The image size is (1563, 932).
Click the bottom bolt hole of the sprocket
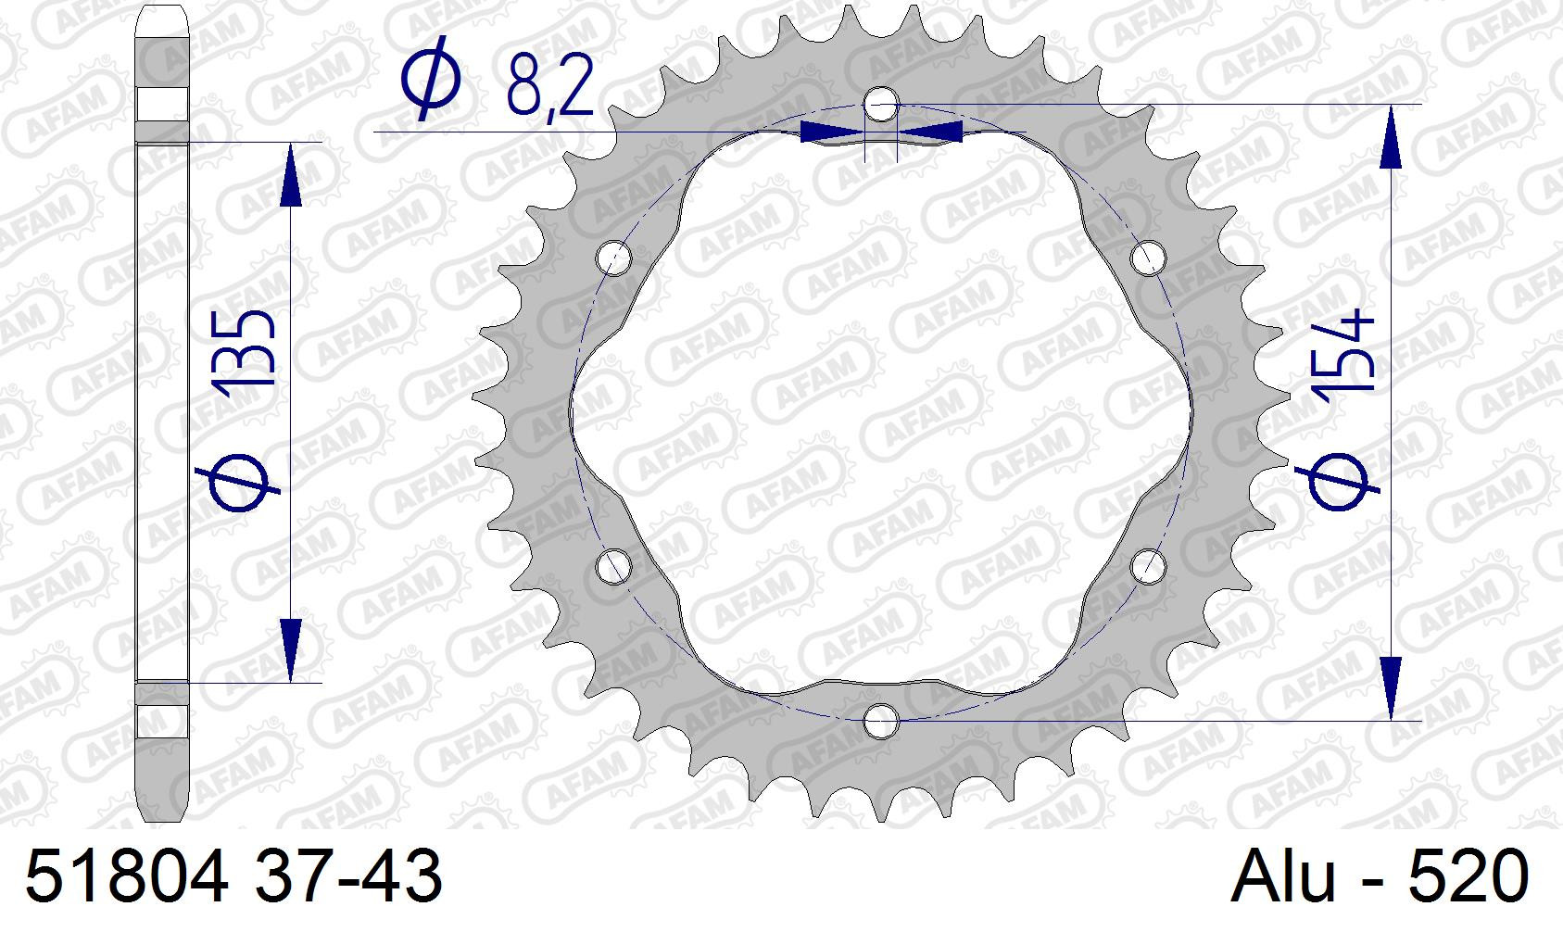pos(881,721)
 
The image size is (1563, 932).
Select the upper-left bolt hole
pos(614,258)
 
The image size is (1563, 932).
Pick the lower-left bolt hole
pos(614,566)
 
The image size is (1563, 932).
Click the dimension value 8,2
pos(549,86)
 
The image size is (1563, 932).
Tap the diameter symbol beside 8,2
pos(431,78)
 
